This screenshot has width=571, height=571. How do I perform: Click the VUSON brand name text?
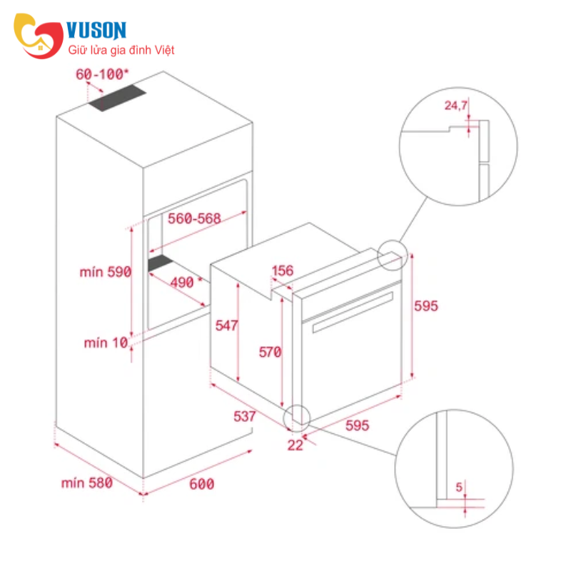(96, 30)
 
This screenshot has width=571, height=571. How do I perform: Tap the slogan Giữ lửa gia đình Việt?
(121, 50)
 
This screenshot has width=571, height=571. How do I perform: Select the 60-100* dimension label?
(102, 74)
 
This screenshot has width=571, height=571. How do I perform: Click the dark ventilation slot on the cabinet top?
(117, 98)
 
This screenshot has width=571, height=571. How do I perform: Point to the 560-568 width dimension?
(194, 218)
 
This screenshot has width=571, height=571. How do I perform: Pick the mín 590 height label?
(105, 272)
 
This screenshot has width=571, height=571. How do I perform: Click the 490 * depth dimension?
(186, 283)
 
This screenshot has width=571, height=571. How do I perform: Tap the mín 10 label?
(106, 343)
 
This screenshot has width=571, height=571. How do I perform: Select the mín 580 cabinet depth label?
(86, 483)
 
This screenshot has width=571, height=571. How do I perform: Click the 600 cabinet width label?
(202, 484)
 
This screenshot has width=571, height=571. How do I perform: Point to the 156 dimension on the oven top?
(283, 271)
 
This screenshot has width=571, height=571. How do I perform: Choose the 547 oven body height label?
(226, 325)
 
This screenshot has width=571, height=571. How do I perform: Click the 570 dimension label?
(271, 352)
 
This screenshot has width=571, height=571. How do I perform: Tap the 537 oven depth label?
(245, 416)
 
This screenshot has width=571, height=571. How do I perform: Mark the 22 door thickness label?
(295, 445)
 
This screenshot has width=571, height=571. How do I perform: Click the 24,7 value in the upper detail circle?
(455, 106)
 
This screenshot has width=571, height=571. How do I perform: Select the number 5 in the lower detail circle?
(459, 487)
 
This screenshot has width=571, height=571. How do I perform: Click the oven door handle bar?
(353, 312)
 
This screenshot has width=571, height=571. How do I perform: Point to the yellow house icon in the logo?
(40, 47)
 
